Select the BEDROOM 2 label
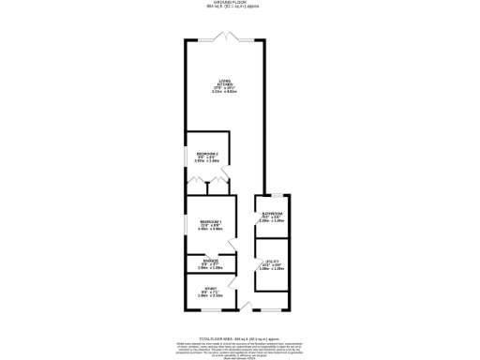(x=207, y=154)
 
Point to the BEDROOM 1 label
(x=210, y=221)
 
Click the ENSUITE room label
(x=210, y=262)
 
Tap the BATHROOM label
(x=272, y=215)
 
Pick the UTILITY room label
(x=272, y=262)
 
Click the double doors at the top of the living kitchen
(x=224, y=37)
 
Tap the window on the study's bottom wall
(x=210, y=310)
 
